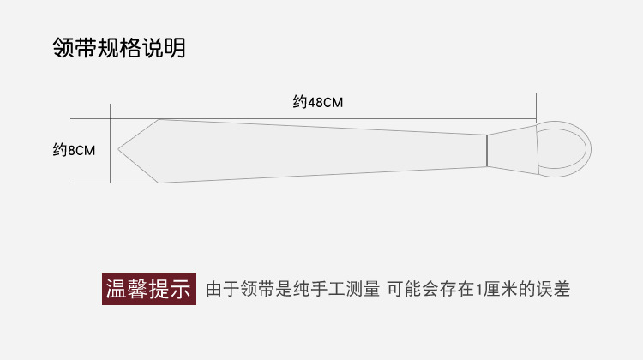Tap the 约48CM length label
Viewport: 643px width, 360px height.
point(317,102)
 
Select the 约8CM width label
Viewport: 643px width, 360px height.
point(74,150)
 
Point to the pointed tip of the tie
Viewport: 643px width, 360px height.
point(121,150)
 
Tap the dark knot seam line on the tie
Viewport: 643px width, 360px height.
point(487,149)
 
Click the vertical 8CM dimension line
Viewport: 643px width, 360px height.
point(111,150)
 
